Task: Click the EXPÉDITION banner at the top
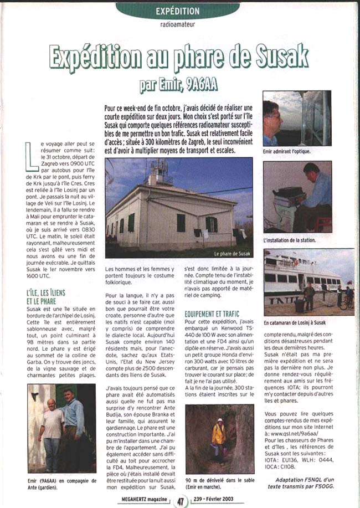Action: [177, 11]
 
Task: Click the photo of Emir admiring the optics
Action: [296, 118]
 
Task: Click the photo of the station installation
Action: [297, 197]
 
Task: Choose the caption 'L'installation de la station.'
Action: [291, 241]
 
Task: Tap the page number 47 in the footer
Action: [181, 500]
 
